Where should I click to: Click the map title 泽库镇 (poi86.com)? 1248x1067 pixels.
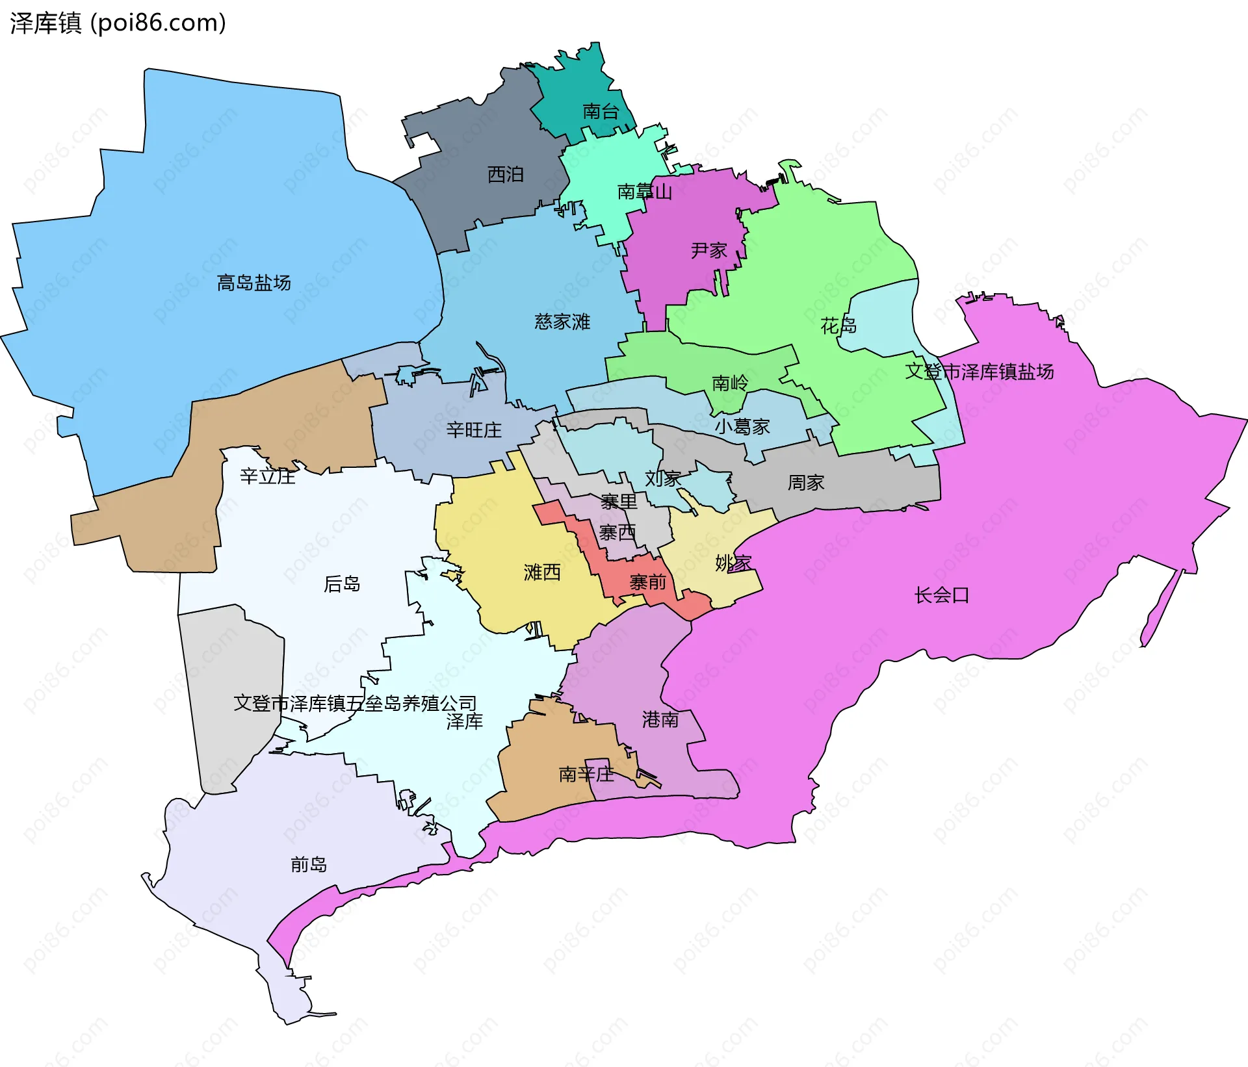(x=118, y=23)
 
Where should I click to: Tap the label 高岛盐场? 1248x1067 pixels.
(x=253, y=283)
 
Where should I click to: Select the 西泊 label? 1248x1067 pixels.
(x=505, y=174)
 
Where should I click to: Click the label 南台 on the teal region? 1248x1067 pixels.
(x=600, y=111)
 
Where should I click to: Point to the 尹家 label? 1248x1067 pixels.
(x=708, y=250)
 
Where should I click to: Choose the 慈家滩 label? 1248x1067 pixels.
(x=562, y=322)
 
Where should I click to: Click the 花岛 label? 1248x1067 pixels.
(x=838, y=325)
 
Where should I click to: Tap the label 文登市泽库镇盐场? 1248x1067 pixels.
(x=979, y=372)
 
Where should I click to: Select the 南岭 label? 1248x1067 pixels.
(x=730, y=383)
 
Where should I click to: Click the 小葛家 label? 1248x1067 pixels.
(x=742, y=426)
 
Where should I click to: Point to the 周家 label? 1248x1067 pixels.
(x=806, y=482)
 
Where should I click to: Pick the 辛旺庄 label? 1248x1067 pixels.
(x=474, y=430)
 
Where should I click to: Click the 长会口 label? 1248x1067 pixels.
(x=941, y=595)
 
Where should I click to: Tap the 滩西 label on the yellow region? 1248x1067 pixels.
(x=542, y=572)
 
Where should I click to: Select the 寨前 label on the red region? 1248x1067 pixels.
(x=647, y=582)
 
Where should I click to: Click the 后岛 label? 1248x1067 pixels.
(x=342, y=584)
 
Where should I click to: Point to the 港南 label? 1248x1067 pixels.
(x=660, y=719)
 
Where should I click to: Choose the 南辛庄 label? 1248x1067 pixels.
(x=586, y=774)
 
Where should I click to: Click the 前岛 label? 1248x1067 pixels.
(x=308, y=864)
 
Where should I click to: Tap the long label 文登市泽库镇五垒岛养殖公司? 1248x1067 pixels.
(x=355, y=703)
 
